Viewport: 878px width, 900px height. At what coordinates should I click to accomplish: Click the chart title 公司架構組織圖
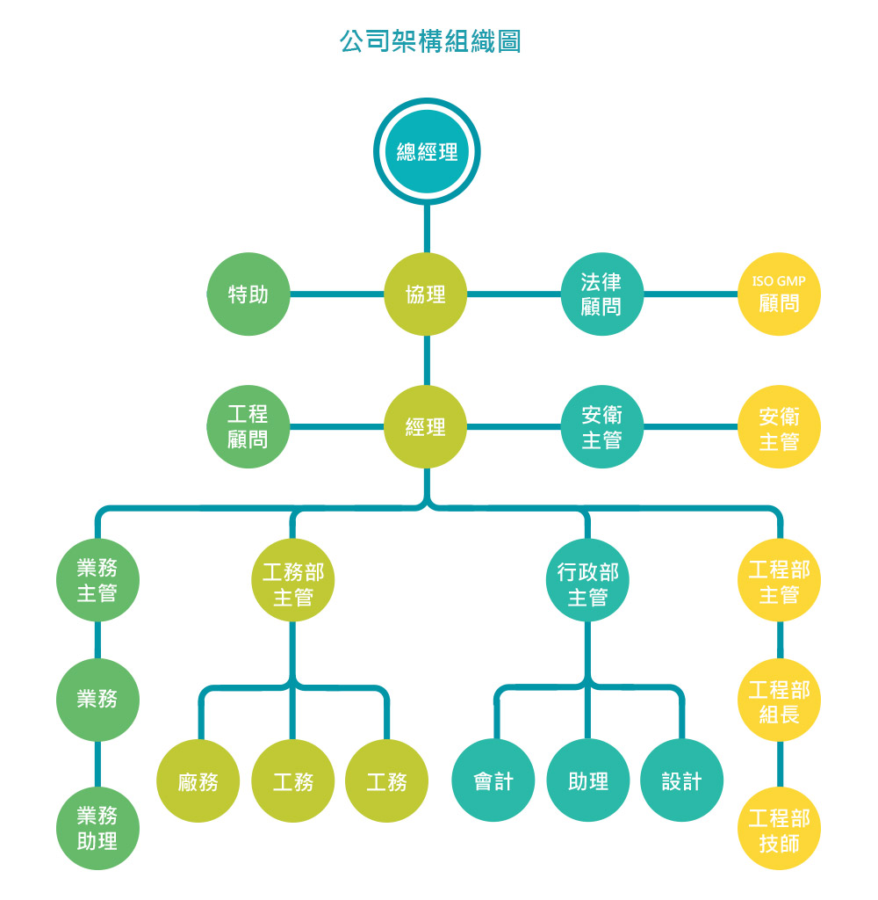pyautogui.click(x=430, y=41)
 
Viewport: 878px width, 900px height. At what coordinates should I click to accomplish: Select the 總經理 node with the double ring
pyautogui.click(x=427, y=151)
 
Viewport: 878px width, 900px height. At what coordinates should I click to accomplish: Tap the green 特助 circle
pyautogui.click(x=248, y=294)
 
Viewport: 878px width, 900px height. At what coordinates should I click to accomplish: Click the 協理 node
pyautogui.click(x=426, y=294)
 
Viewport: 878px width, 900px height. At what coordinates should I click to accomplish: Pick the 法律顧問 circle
pyautogui.click(x=601, y=294)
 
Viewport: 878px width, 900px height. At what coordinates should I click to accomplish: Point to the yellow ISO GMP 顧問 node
pyautogui.click(x=779, y=294)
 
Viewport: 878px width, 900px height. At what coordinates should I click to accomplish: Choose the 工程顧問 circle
pyautogui.click(x=248, y=426)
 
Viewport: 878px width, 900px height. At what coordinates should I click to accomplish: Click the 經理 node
pyautogui.click(x=426, y=426)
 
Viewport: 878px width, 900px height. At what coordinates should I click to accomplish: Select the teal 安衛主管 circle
pyautogui.click(x=601, y=426)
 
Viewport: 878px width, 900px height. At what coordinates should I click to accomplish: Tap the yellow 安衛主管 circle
pyautogui.click(x=779, y=426)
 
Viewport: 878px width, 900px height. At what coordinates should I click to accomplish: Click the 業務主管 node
pyautogui.click(x=97, y=580)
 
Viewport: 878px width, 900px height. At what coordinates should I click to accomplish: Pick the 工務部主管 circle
pyautogui.click(x=293, y=580)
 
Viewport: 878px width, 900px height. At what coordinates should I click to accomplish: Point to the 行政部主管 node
pyautogui.click(x=587, y=580)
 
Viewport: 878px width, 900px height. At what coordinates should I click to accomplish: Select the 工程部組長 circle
pyautogui.click(x=779, y=700)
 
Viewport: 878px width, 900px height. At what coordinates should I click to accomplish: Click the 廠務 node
pyautogui.click(x=198, y=780)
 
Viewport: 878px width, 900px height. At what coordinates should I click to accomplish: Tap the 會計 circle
pyautogui.click(x=493, y=780)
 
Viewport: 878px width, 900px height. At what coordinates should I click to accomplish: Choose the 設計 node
pyautogui.click(x=682, y=780)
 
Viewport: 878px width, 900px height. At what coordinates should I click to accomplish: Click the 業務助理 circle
pyautogui.click(x=97, y=828)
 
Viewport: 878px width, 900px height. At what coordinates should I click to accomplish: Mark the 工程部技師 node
pyautogui.click(x=779, y=828)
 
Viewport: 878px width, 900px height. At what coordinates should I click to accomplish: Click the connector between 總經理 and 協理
pyautogui.click(x=427, y=229)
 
